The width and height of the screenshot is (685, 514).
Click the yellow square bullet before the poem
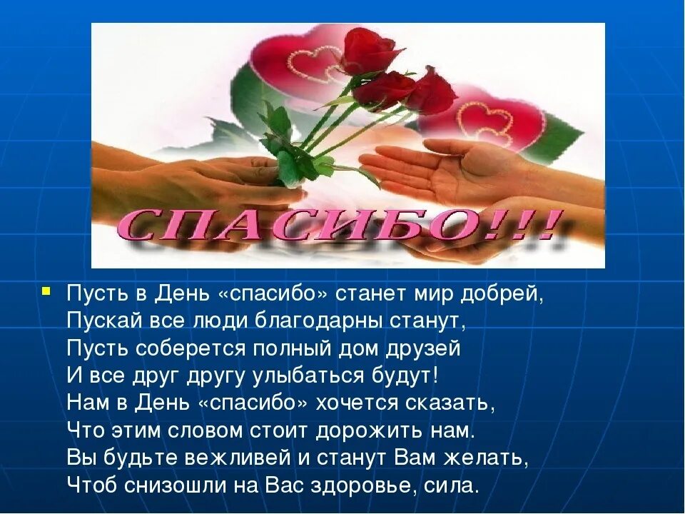click(46, 291)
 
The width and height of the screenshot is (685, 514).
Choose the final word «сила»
click(454, 485)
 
